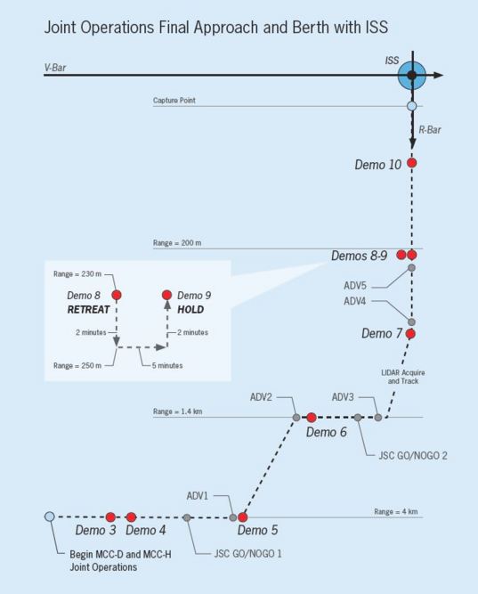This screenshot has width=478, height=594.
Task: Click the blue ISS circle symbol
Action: tap(411, 76)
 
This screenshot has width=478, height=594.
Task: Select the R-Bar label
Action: tap(431, 129)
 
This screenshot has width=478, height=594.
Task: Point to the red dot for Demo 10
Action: tap(411, 163)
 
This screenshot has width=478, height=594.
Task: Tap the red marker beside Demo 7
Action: tap(411, 334)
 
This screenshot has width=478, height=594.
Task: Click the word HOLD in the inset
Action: tap(193, 311)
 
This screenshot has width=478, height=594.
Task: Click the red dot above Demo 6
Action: tap(312, 417)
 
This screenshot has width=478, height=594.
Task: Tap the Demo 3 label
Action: tap(95, 531)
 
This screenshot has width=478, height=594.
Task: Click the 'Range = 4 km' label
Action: tap(395, 511)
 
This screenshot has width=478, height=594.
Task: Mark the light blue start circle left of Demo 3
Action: tap(50, 517)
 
